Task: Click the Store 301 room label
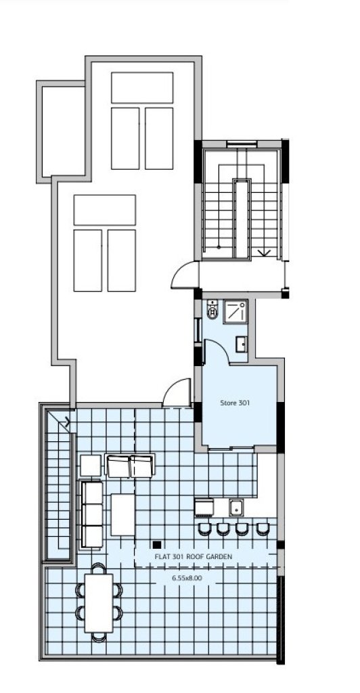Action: (235, 403)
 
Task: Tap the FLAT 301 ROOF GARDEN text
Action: (193, 556)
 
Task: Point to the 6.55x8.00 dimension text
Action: (187, 577)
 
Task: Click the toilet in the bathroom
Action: (213, 309)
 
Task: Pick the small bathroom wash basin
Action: (241, 344)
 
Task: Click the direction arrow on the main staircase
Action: (265, 252)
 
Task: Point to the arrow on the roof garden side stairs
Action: (66, 422)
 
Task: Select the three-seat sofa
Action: (91, 515)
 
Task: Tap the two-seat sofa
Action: (131, 466)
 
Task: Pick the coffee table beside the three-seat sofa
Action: (122, 515)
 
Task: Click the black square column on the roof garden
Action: (156, 545)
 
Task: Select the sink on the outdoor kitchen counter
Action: (236, 508)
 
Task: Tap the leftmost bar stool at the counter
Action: (204, 529)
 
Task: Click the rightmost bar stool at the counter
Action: (263, 529)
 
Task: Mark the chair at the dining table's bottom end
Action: (99, 637)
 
